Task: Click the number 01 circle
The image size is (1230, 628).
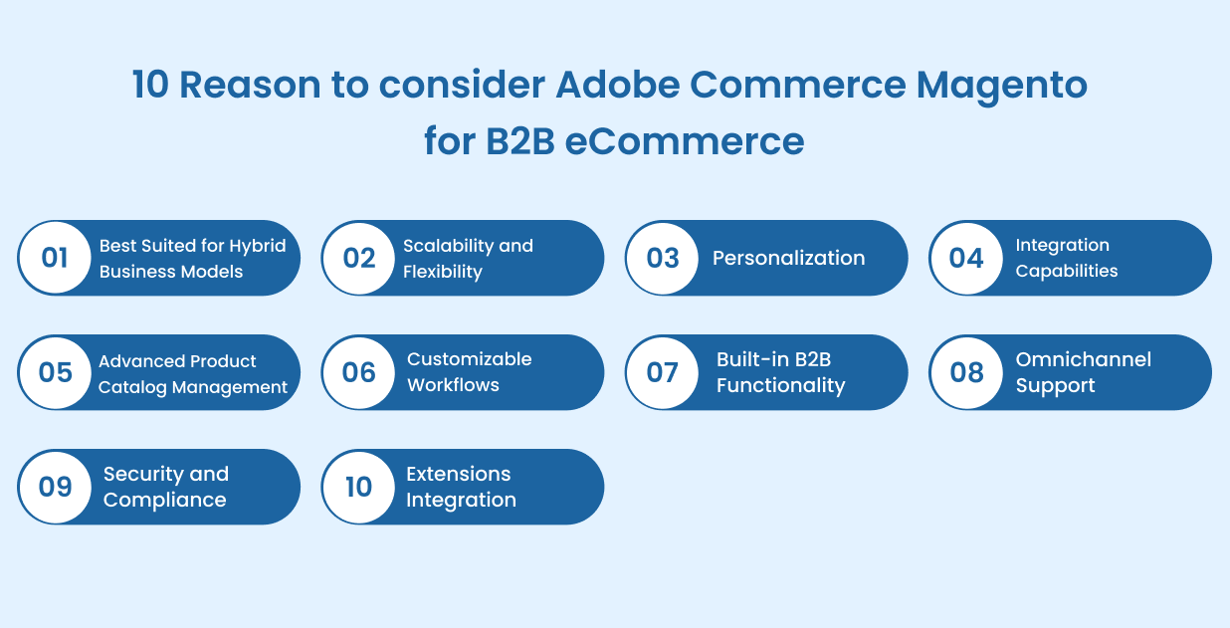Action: tap(55, 258)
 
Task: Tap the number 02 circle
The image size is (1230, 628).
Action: tap(358, 258)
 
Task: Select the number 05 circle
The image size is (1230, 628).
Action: tap(55, 372)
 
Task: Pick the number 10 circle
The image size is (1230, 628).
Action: tap(358, 487)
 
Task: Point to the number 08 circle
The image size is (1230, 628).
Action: tap(966, 372)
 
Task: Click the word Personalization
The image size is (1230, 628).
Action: tap(788, 258)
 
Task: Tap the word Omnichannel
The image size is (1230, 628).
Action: tap(1083, 359)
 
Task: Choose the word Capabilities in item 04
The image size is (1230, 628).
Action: tap(1066, 271)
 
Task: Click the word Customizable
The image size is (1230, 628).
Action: tap(469, 359)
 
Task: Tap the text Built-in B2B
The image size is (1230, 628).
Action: tap(773, 359)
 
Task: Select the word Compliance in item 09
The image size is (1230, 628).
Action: tap(164, 500)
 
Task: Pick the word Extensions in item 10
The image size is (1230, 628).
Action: tap(458, 474)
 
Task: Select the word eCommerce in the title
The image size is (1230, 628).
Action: tap(685, 140)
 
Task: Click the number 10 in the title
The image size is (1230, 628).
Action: tap(150, 86)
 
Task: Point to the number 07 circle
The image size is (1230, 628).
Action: tap(662, 372)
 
